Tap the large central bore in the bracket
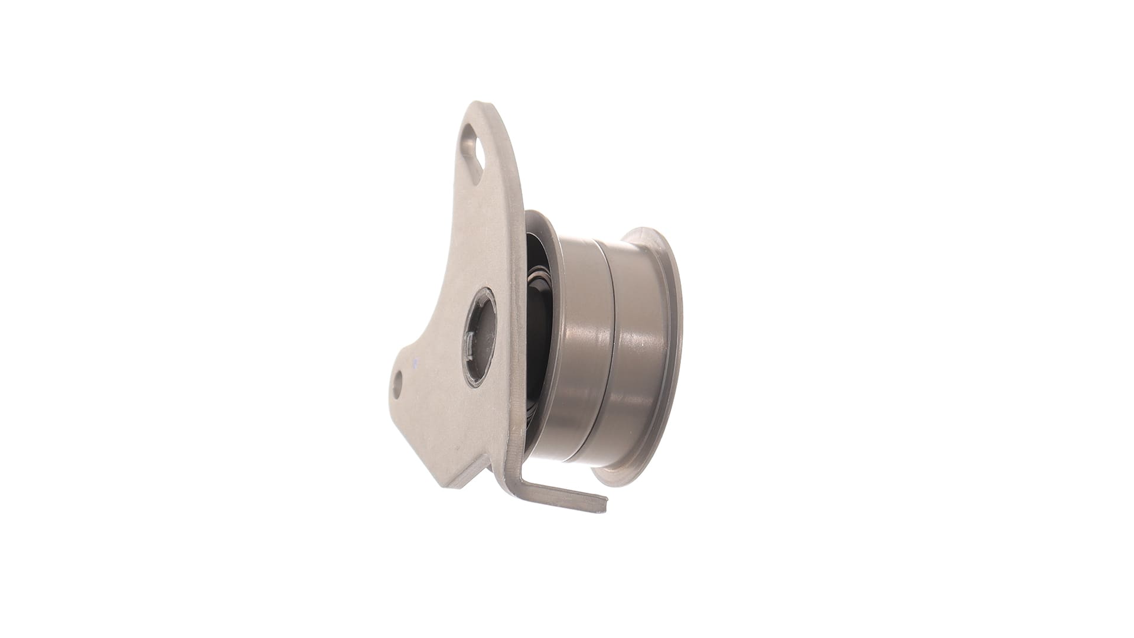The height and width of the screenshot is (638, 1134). click(x=483, y=338)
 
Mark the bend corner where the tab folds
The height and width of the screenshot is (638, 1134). click(x=513, y=473)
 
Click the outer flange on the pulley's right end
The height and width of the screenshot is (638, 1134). click(x=667, y=349)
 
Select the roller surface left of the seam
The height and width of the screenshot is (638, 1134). click(x=582, y=349)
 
